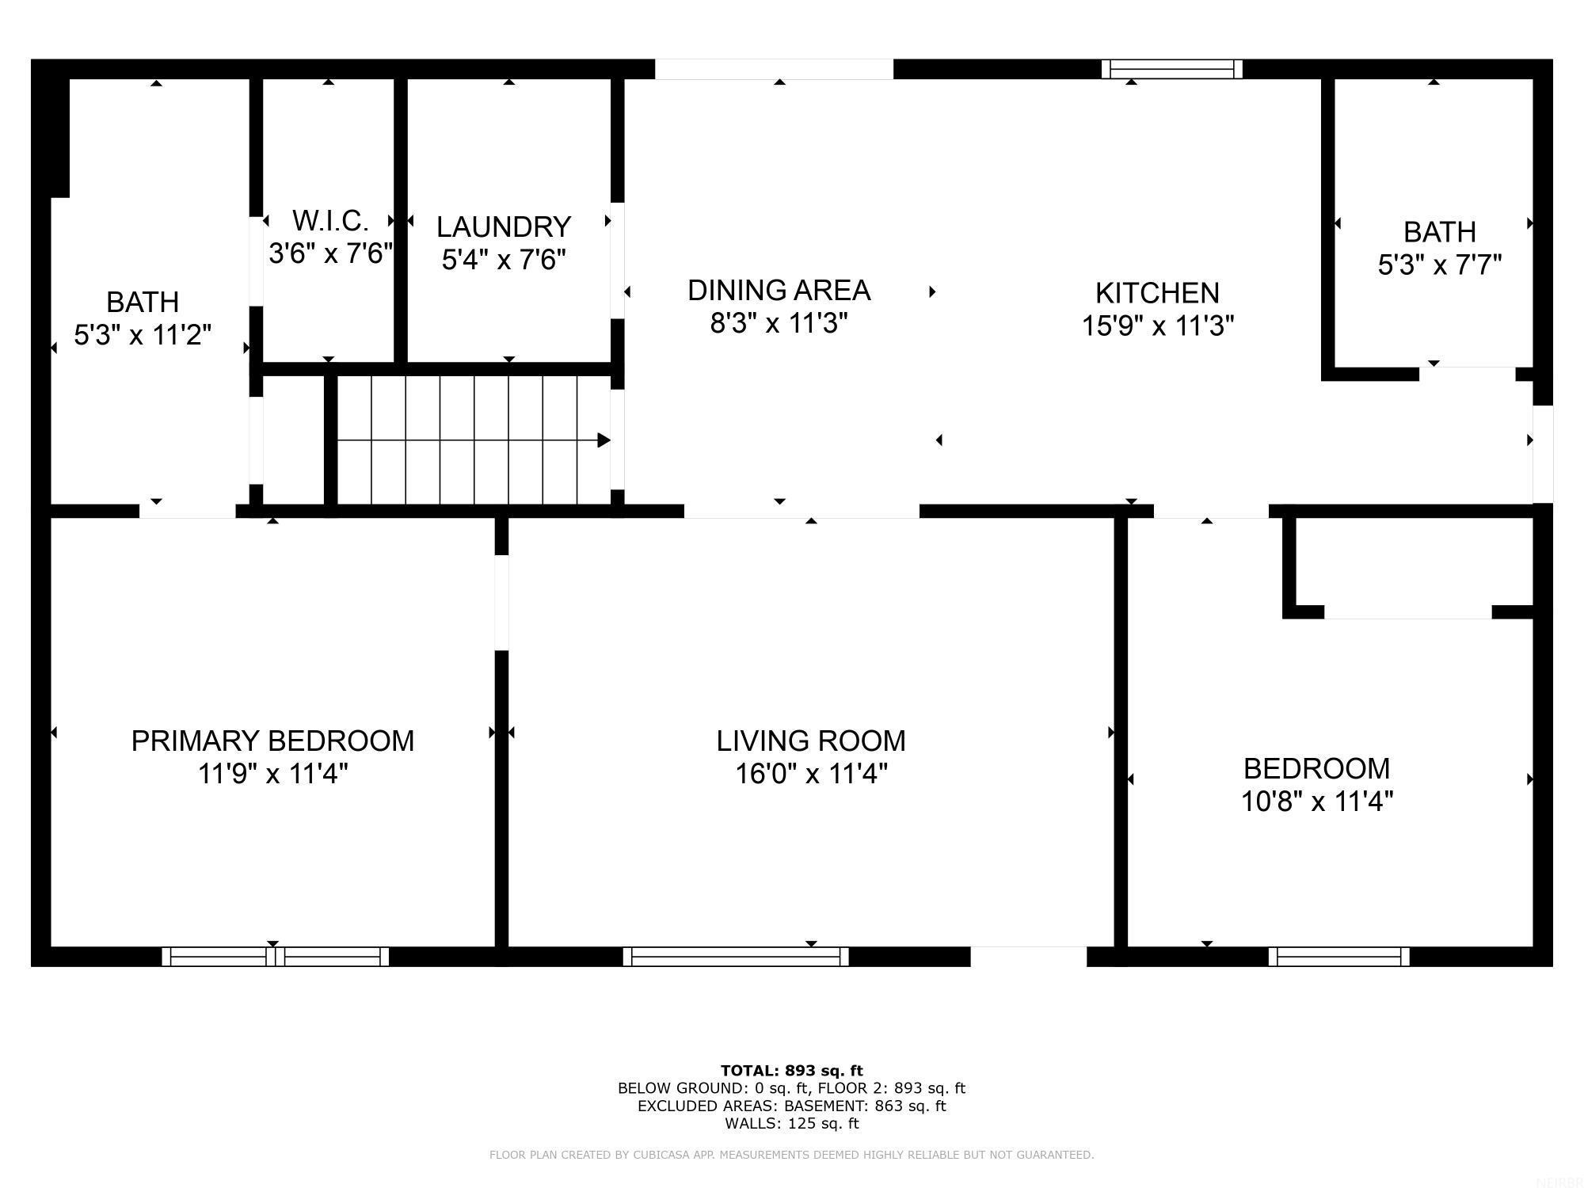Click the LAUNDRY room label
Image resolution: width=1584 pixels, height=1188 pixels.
(504, 227)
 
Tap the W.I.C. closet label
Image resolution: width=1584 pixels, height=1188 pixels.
(330, 220)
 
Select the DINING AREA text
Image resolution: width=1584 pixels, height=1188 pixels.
(779, 291)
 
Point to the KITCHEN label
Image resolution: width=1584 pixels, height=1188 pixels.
(1156, 293)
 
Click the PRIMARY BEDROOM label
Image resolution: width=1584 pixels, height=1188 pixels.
(272, 741)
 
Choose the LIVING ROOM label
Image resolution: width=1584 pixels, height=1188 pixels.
(811, 741)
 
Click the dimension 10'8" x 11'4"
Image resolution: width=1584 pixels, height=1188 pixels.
(1316, 802)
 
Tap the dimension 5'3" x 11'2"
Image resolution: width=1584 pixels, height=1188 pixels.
(143, 335)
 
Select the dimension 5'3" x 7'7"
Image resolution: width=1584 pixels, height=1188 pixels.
(1439, 265)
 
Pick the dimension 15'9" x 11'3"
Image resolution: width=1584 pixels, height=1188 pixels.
(1157, 326)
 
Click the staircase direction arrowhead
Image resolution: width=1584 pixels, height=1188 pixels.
(604, 440)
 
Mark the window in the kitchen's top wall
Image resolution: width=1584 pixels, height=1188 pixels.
(1171, 70)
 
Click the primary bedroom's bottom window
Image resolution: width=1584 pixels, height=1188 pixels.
(275, 957)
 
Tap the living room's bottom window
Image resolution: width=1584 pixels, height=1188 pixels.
(736, 957)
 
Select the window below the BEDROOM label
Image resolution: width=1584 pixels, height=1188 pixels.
(1338, 957)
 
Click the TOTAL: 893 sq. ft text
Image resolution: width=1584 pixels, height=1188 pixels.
(791, 1071)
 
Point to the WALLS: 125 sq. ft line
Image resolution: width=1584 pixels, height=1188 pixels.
(791, 1123)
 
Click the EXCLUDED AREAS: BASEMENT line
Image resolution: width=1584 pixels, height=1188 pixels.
(791, 1106)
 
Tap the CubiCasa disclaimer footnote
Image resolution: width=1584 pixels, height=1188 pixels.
(791, 1155)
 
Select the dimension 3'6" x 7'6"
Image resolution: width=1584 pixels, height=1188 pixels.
(330, 253)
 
